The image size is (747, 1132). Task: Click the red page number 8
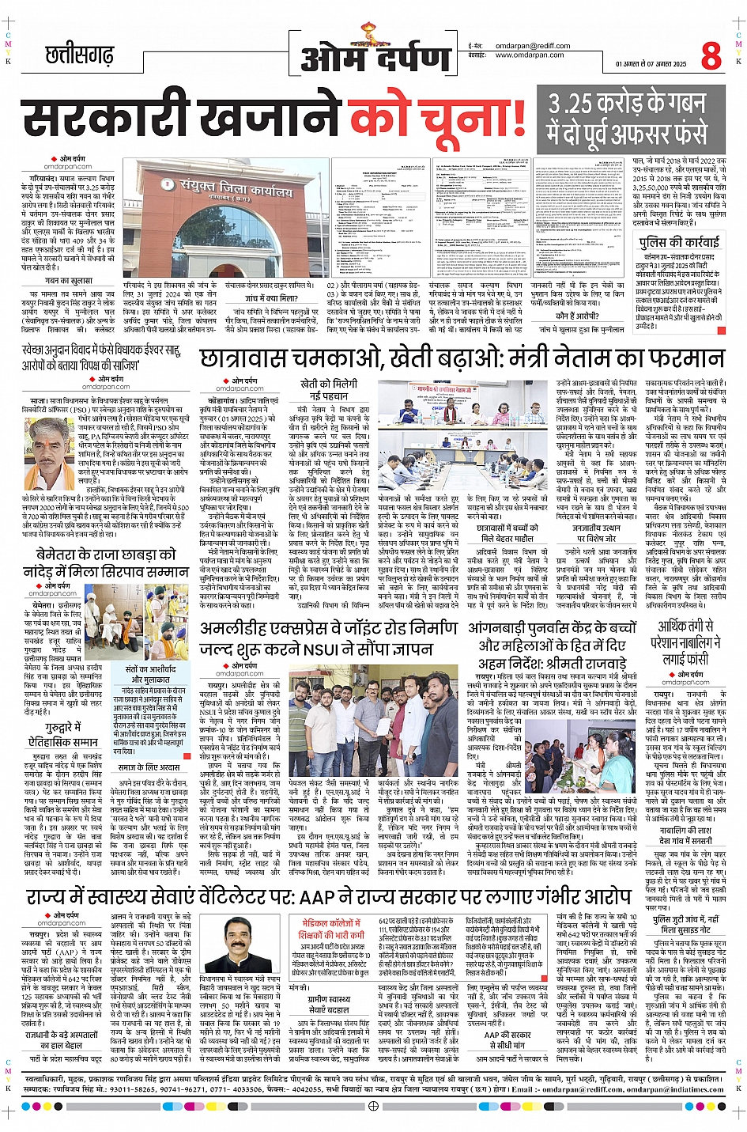point(711,56)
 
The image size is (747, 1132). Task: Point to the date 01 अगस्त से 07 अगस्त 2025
point(651,63)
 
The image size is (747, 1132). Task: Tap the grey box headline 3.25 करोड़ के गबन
point(628,105)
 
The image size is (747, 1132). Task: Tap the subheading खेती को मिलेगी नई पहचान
point(328,389)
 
